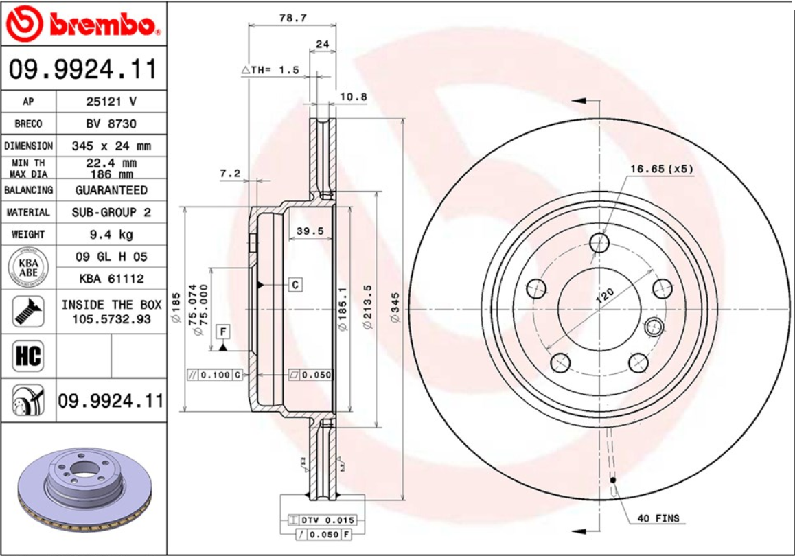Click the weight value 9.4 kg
tap(111, 234)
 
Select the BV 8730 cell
tap(111, 124)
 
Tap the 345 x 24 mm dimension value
tap(111, 146)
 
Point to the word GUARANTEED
tap(111, 189)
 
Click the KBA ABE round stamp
tap(27, 267)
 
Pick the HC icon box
tap(27, 356)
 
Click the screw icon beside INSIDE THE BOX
tap(27, 311)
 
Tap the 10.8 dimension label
tap(354, 97)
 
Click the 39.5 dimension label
tap(310, 231)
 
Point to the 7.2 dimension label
tap(230, 174)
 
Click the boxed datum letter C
tap(295, 284)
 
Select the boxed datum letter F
tap(223, 332)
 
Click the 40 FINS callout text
tap(658, 518)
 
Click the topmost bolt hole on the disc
tap(600, 242)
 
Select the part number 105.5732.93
tap(111, 318)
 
